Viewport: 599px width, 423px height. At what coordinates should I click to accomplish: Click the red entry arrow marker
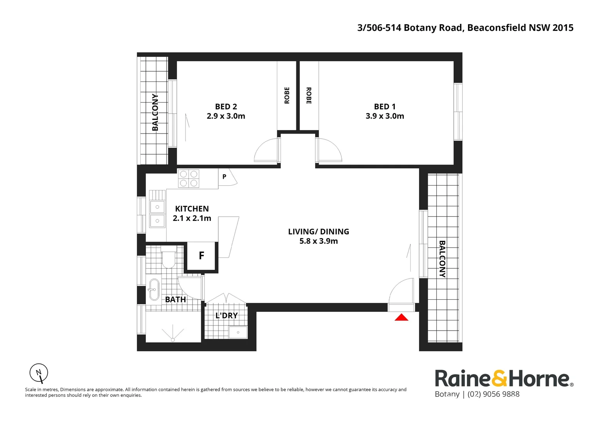coord(401,317)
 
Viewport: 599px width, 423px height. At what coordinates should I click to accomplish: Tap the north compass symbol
coord(39,373)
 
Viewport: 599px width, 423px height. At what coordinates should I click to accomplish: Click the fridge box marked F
coord(201,256)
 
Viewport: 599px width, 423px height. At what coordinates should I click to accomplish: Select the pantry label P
coord(224,176)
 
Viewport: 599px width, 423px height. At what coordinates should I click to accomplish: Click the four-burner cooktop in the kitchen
coord(189,179)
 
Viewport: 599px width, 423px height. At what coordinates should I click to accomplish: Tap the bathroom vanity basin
coord(154,290)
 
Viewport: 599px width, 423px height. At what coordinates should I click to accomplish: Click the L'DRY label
coord(227,315)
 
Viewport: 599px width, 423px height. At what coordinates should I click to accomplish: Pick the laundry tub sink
coord(238,332)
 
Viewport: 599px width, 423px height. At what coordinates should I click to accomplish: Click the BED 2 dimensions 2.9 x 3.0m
coord(226,116)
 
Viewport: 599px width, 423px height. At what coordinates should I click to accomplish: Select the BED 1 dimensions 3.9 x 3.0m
coord(385,116)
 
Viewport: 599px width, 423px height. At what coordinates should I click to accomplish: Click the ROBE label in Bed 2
coord(287,96)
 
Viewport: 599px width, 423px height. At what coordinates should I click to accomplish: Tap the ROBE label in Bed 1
coord(309,96)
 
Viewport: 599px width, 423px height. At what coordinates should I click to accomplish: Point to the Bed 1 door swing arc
coord(335,146)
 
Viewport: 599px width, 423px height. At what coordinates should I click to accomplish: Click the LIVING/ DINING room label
coord(318,231)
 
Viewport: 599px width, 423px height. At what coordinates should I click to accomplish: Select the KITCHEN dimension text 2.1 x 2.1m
coord(192,218)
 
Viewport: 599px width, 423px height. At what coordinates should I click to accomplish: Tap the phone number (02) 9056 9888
coord(494,394)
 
